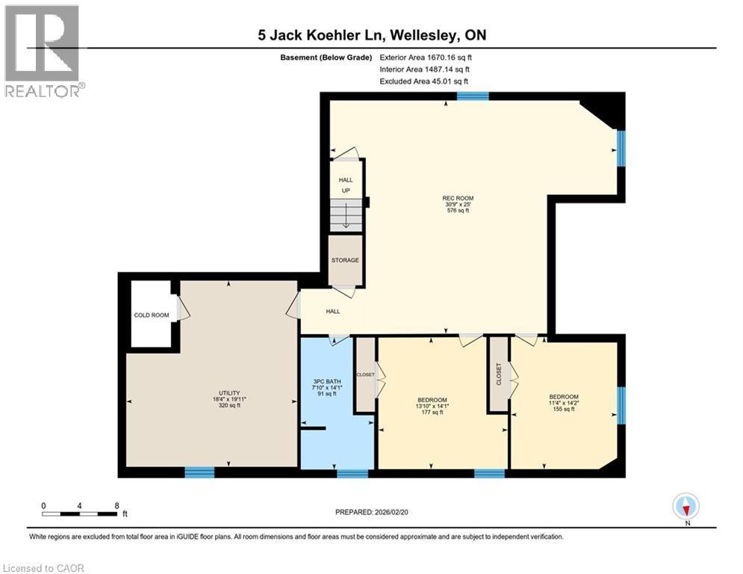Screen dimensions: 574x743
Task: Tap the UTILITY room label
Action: click(x=229, y=392)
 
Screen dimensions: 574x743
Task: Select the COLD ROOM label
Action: click(x=152, y=315)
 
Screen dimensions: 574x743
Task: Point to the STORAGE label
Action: click(x=345, y=260)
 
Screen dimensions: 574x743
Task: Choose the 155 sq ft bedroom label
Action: click(x=564, y=397)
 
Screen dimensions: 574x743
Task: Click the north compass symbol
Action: click(x=685, y=507)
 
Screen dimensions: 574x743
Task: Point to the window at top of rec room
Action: click(x=473, y=96)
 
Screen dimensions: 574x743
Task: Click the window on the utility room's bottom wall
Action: click(x=199, y=472)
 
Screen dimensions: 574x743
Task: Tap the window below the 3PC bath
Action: click(x=352, y=473)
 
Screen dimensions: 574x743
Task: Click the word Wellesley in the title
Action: click(x=422, y=34)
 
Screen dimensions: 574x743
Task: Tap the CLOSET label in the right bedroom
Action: click(x=498, y=374)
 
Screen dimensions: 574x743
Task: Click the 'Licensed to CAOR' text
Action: click(x=44, y=568)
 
